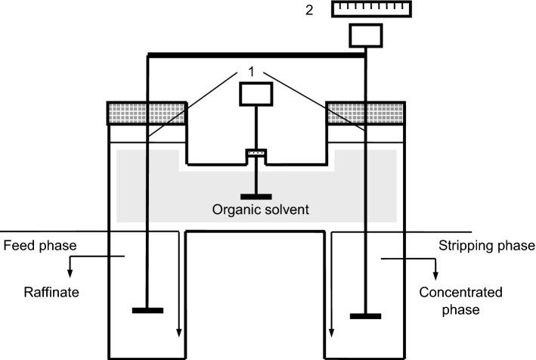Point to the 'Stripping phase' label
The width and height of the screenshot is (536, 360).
(x=487, y=246)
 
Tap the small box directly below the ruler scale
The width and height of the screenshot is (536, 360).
(x=366, y=36)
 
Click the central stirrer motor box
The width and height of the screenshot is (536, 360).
(x=256, y=94)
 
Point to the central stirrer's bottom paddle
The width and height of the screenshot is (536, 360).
(x=256, y=196)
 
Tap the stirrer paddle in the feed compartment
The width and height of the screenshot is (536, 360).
(x=147, y=309)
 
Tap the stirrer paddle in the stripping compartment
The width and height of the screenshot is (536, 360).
(x=366, y=315)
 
